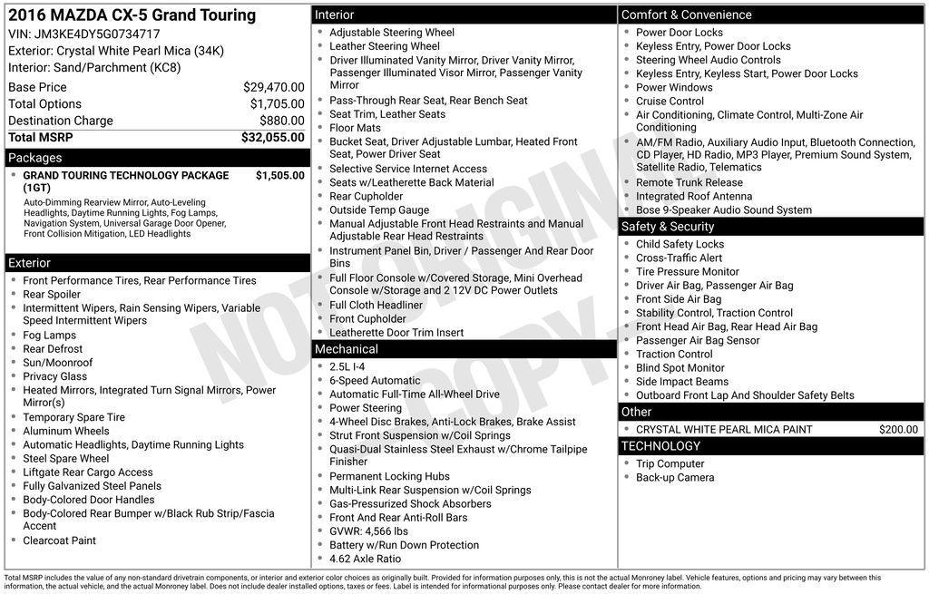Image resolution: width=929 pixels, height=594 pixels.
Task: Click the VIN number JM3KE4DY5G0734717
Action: pyautogui.click(x=97, y=34)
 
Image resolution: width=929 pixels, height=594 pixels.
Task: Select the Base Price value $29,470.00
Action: pyautogui.click(x=273, y=87)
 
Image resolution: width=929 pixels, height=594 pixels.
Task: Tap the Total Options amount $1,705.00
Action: pyautogui.click(x=277, y=104)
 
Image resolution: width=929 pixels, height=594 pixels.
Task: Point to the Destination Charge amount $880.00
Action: pyautogui.click(x=281, y=121)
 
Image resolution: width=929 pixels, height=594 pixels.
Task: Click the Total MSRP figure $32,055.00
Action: pyautogui.click(x=272, y=138)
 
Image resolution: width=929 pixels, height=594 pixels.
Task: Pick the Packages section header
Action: pyautogui.click(x=35, y=158)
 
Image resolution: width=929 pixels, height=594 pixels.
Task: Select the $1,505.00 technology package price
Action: pyautogui.click(x=279, y=176)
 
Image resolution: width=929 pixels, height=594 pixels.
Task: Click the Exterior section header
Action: pyautogui.click(x=30, y=263)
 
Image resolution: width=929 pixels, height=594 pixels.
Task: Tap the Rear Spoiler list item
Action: pyautogui.click(x=52, y=294)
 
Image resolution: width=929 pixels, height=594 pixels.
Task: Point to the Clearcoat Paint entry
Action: pyautogui.click(x=59, y=540)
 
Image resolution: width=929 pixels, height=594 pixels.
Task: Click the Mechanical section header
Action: pyautogui.click(x=346, y=349)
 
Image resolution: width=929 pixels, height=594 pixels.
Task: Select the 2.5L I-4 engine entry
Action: pyautogui.click(x=347, y=366)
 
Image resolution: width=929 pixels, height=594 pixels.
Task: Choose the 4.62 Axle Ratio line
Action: pyautogui.click(x=365, y=559)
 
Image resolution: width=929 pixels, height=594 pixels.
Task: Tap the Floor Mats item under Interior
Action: pyautogui.click(x=355, y=128)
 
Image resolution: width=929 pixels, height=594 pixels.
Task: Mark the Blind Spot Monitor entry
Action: pyautogui.click(x=680, y=368)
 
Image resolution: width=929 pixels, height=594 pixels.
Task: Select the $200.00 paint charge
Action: pyautogui.click(x=898, y=430)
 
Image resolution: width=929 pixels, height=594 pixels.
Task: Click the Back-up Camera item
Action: pyautogui.click(x=675, y=477)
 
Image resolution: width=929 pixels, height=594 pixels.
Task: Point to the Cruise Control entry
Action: pyautogui.click(x=670, y=101)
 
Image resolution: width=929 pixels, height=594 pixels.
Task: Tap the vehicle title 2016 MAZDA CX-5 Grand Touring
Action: pyautogui.click(x=132, y=15)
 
